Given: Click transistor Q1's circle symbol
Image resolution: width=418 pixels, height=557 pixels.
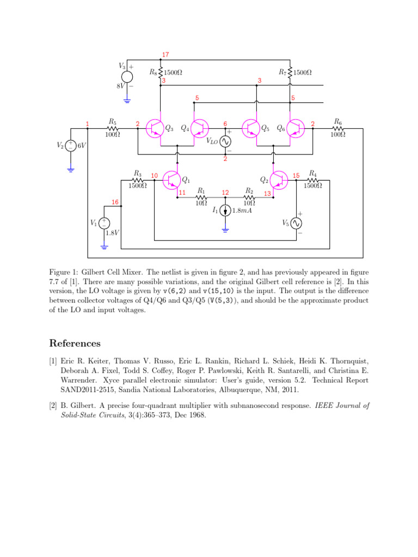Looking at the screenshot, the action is pos(171,180).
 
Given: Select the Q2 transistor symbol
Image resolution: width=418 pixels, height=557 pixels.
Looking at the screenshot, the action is pos(279,180).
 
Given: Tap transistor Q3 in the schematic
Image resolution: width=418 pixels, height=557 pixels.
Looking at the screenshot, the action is pos(155,128).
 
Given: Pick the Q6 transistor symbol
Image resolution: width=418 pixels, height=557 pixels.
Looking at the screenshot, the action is pos(296,128).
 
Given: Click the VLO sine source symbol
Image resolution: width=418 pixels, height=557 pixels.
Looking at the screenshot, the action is pos(225,141).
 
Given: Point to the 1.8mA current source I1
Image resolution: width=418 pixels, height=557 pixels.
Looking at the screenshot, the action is pos(225,211).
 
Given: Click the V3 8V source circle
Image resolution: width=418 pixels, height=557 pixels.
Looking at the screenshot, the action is pos(127,77).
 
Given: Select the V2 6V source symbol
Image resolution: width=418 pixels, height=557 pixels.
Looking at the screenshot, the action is pos(71,146).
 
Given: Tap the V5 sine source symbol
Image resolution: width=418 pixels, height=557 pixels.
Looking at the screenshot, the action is pos(296,223).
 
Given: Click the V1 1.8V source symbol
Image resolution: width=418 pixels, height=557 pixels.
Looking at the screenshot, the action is pos(104,223).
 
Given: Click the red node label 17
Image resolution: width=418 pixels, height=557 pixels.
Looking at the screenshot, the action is pos(165,55).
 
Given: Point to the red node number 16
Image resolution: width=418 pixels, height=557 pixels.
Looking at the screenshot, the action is pos(115,202).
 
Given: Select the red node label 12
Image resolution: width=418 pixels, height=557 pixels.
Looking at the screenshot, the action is pos(225,193).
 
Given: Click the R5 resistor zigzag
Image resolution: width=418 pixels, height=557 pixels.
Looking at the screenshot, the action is pos(112,128).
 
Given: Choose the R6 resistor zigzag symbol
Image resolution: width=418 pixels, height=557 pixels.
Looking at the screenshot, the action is pos(337,128).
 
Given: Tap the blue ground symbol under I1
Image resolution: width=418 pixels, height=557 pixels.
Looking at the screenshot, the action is pos(225,230).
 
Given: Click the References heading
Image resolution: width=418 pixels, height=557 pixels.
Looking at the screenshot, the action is pos(75,343).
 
